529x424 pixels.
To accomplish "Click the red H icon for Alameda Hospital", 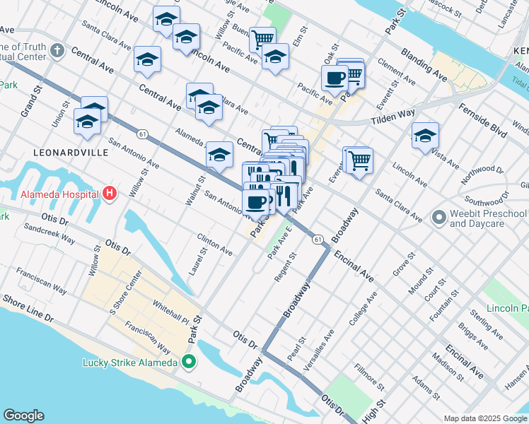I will (109, 193).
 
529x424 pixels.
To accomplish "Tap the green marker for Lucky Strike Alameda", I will (188, 363).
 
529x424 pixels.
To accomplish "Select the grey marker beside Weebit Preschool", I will (438, 216).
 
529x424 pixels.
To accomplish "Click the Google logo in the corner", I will (23, 416).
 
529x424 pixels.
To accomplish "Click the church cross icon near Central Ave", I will (57, 52).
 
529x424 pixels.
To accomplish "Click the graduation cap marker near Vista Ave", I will (424, 136).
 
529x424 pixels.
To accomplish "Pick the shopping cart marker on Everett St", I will (359, 160).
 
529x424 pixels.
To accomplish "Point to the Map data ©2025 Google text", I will (485, 418).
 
